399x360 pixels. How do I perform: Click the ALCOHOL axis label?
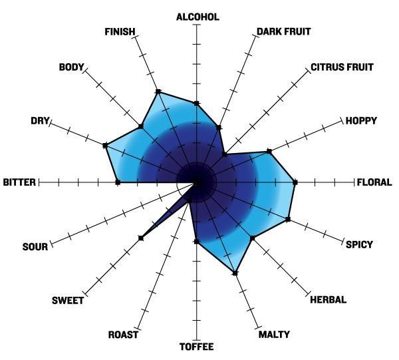(x=198, y=17)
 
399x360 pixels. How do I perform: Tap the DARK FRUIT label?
(x=284, y=31)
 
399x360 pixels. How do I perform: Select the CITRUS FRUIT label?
(x=342, y=67)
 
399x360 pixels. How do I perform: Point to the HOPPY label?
(x=361, y=120)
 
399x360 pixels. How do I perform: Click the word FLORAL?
(x=374, y=182)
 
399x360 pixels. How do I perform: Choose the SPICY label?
(x=359, y=244)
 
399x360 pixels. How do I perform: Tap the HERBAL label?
(x=329, y=299)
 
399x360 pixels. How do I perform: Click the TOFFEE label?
(x=196, y=347)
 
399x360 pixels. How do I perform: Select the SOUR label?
(x=35, y=247)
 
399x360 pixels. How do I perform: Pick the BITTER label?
(x=19, y=182)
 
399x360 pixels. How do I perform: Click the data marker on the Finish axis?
(x=158, y=91)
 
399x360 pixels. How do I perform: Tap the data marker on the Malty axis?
(x=235, y=273)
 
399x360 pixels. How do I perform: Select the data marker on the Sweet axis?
(x=141, y=238)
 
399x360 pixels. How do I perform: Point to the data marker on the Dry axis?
(x=105, y=145)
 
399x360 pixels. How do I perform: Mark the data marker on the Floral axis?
(x=295, y=182)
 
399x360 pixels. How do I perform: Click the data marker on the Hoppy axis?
(x=269, y=152)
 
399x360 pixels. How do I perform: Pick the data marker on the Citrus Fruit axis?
(x=225, y=154)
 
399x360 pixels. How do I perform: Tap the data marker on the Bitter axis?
(x=118, y=182)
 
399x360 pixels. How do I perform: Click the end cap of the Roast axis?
(x=137, y=329)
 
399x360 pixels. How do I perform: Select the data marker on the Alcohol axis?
(x=196, y=103)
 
